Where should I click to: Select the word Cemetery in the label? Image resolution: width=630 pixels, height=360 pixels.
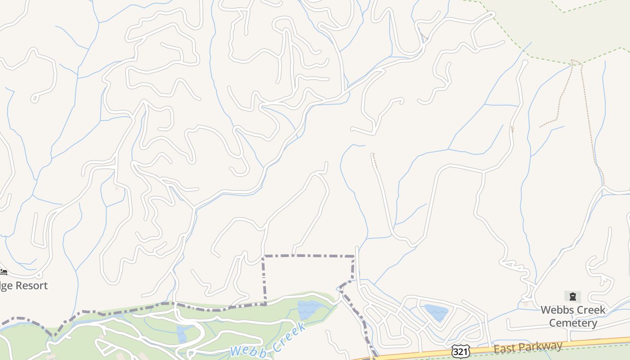tap(573, 323)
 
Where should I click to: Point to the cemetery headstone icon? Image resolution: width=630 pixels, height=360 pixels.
tap(572, 297)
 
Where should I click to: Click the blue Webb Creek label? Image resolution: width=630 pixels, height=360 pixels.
tap(268, 341)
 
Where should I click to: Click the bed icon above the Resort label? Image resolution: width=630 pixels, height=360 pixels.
tap(4, 272)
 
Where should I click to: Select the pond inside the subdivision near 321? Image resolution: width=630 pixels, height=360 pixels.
tap(436, 312)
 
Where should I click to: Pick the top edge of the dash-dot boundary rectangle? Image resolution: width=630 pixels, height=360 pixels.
tap(309, 256)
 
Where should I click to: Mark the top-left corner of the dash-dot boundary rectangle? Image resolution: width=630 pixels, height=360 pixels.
tap(264, 256)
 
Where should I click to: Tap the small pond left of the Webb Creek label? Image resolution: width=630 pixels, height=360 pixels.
tap(182, 334)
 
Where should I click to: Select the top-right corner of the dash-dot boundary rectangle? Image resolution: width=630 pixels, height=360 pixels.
tap(354, 256)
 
